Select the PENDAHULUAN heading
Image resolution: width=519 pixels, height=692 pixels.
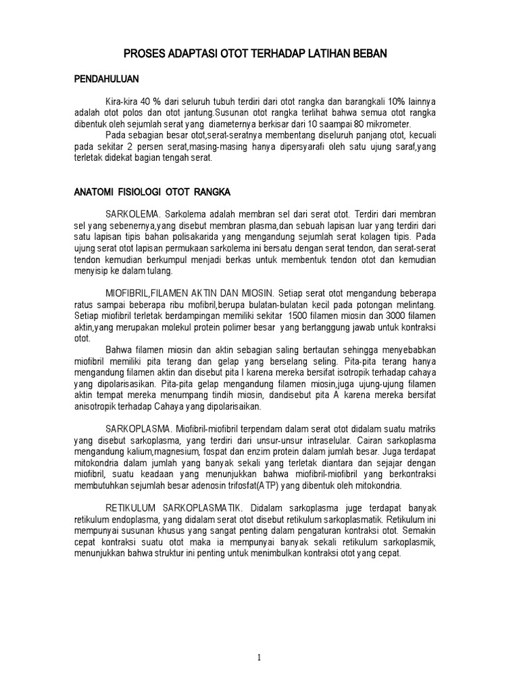point(106,80)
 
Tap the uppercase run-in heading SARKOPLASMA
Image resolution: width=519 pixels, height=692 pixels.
point(139,430)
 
